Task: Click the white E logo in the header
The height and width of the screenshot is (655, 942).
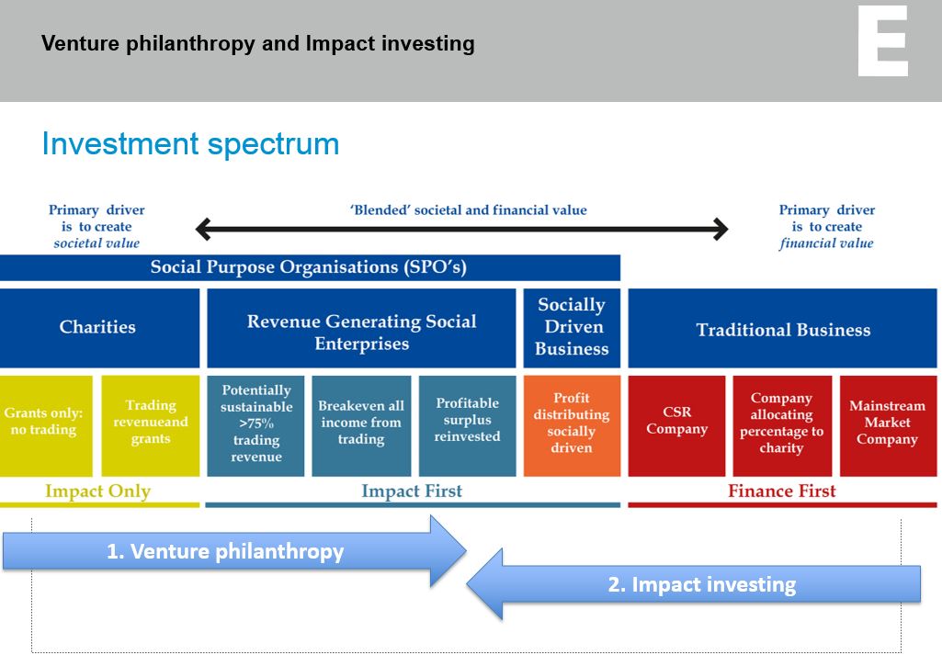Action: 882,40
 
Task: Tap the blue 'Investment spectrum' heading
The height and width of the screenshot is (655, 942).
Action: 190,144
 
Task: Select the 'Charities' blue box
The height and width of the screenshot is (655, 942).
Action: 100,328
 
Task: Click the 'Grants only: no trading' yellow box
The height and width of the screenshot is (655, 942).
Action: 46,425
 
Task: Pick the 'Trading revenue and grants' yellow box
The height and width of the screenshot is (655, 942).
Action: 150,425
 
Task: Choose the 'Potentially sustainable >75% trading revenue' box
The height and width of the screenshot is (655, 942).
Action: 255,425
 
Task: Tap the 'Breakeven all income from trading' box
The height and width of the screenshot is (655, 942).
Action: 361,425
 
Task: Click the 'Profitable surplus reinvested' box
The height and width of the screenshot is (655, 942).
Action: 468,425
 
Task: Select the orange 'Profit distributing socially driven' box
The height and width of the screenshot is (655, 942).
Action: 572,425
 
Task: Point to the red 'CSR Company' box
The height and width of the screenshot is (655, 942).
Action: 676,425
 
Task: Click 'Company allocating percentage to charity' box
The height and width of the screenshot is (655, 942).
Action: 782,425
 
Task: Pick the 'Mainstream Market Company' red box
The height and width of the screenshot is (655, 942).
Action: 889,425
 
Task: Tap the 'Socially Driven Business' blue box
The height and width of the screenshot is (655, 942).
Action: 572,328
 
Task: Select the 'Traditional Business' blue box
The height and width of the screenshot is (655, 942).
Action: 783,328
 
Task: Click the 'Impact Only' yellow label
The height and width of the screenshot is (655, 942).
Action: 98,491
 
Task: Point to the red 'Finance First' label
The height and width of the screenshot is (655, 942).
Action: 781,491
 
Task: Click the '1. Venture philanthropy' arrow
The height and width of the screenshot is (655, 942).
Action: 234,551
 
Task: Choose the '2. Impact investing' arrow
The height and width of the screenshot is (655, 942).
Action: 694,583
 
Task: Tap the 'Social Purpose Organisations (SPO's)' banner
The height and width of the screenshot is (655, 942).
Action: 310,267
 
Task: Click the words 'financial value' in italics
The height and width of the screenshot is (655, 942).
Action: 826,243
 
